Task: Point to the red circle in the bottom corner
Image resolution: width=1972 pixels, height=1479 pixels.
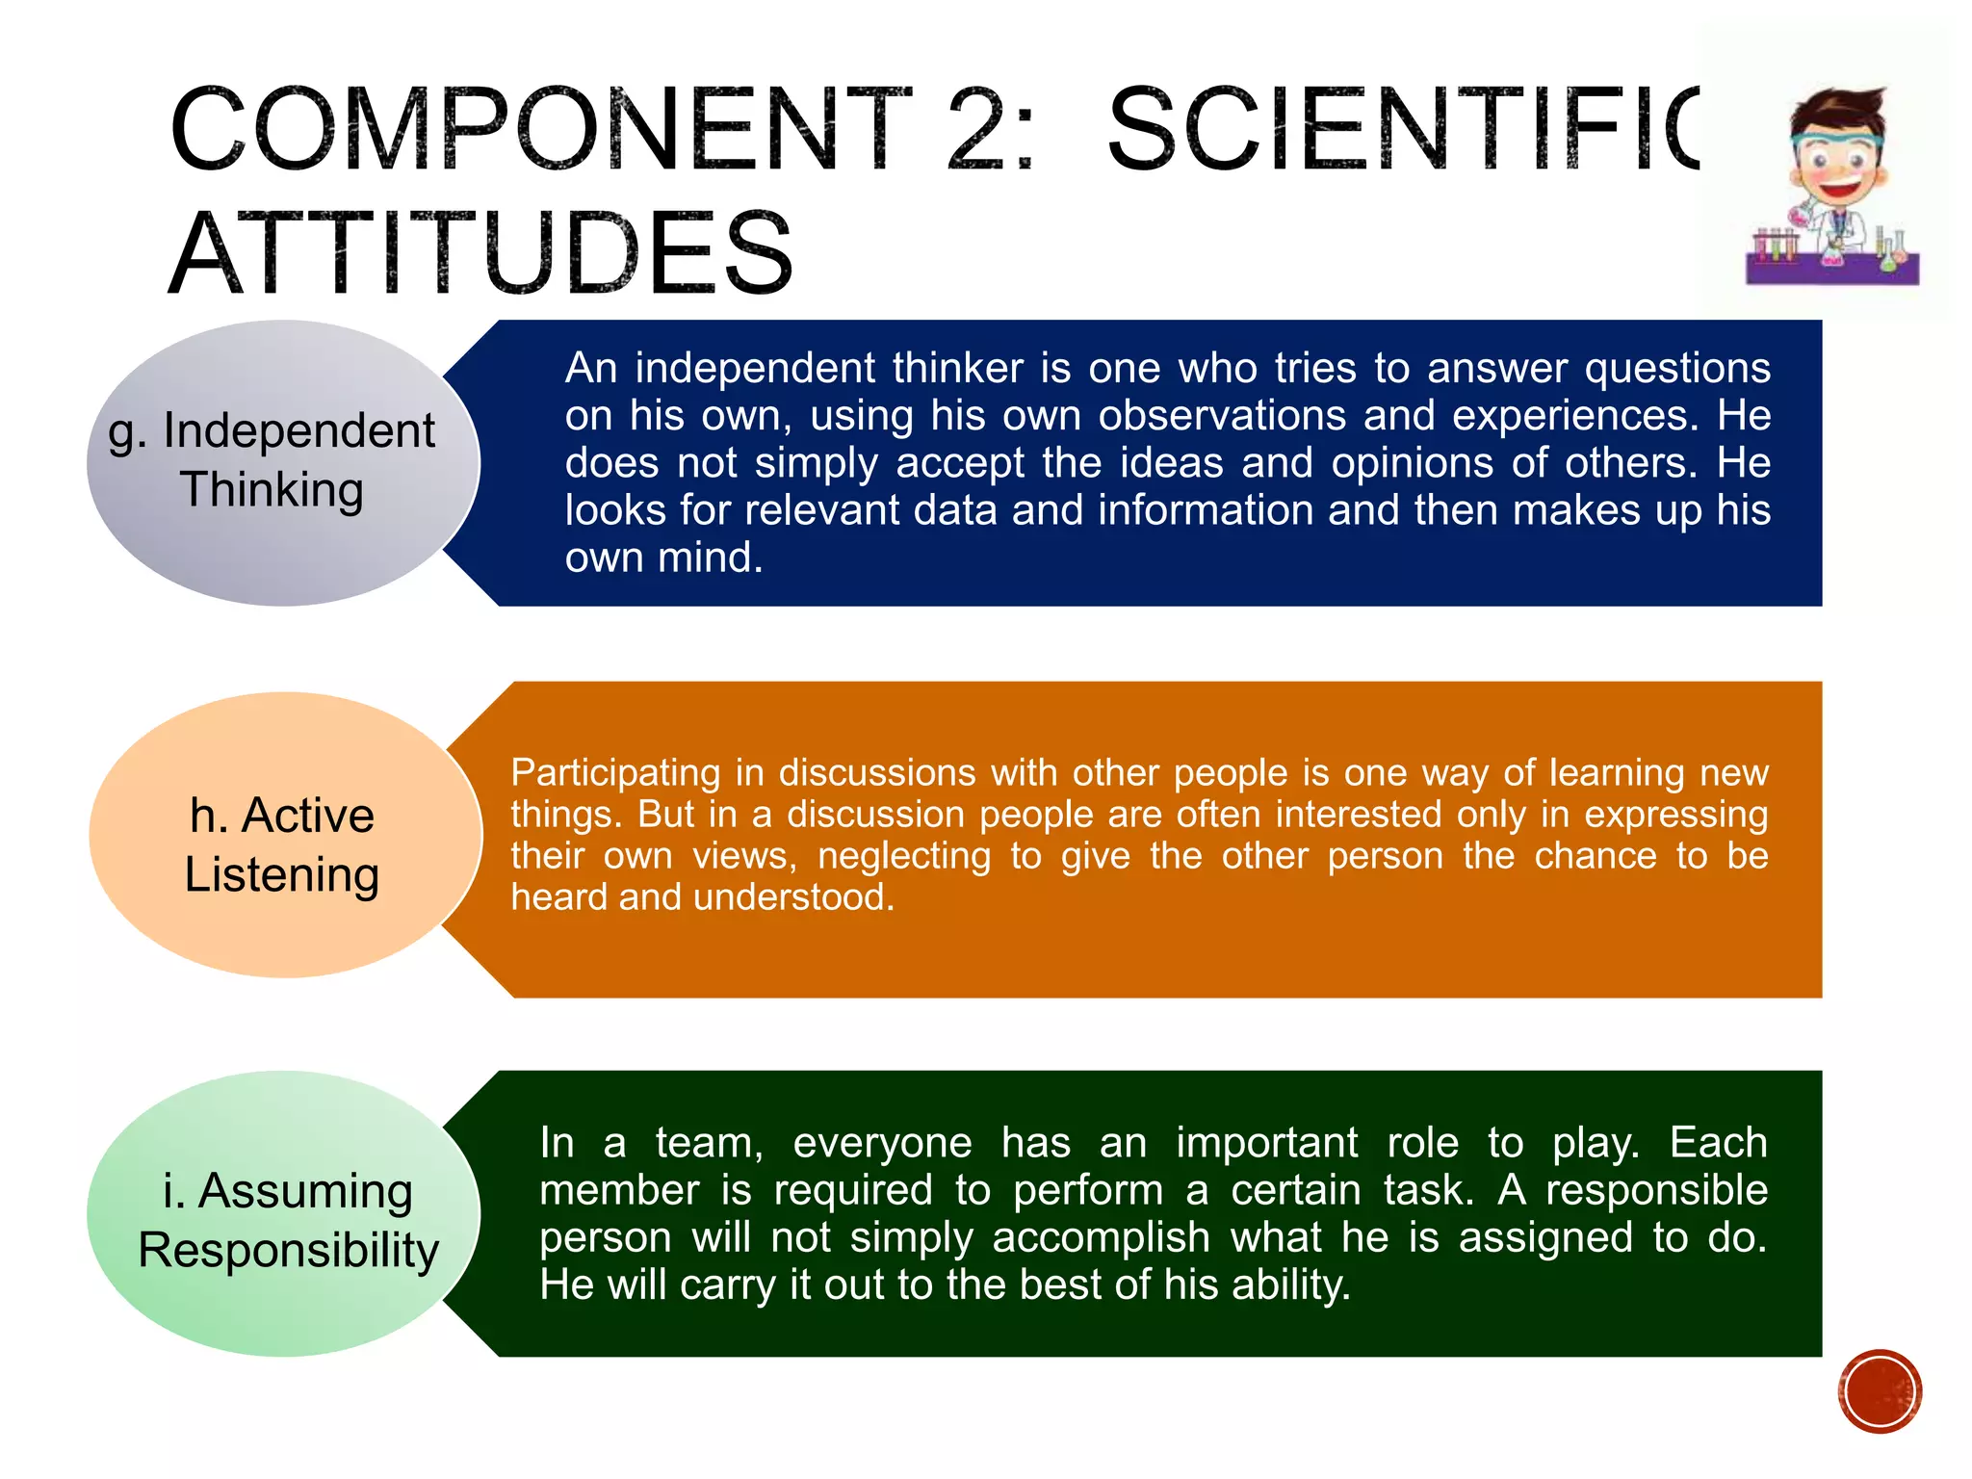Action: point(1880,1391)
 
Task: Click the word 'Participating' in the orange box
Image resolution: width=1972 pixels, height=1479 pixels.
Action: point(615,772)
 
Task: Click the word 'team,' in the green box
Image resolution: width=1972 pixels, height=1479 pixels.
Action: point(710,1143)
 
